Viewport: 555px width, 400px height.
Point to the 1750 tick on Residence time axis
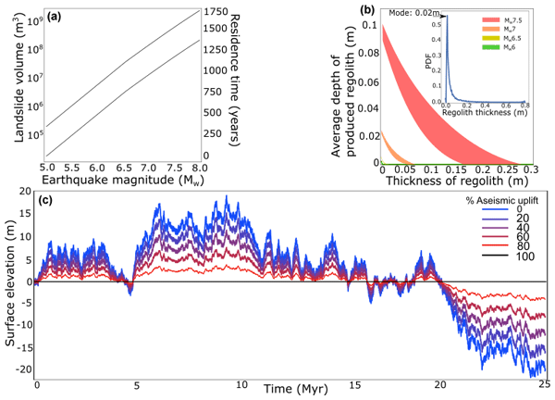[218, 12]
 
